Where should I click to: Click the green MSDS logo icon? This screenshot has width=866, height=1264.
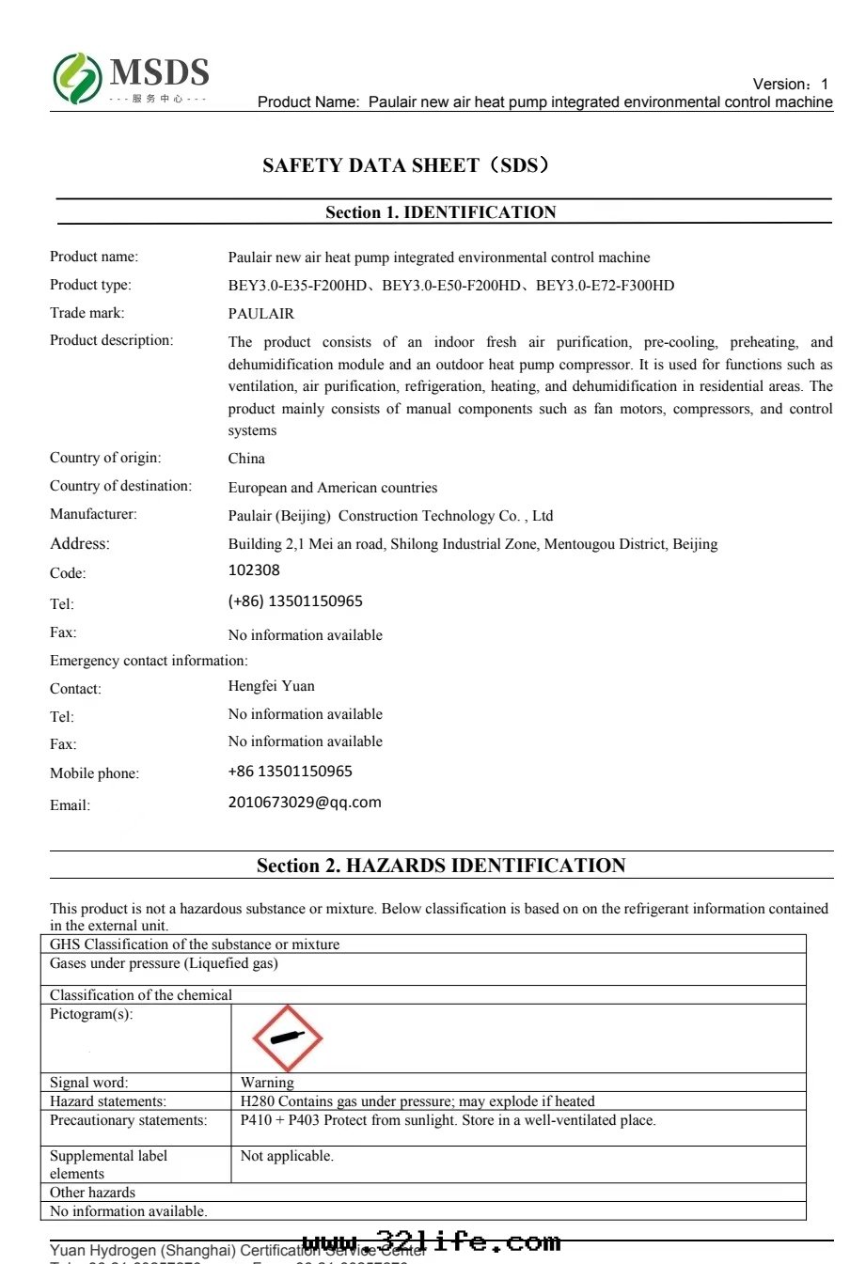click(x=77, y=78)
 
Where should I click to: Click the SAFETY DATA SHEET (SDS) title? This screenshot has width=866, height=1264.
click(x=406, y=165)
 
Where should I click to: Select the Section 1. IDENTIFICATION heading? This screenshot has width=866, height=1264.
click(x=441, y=212)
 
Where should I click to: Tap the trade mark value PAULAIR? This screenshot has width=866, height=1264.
click(x=261, y=314)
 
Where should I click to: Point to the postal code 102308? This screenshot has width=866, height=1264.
click(x=254, y=570)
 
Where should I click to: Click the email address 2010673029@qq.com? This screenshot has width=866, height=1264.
click(x=305, y=803)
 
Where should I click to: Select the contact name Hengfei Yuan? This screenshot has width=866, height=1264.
click(x=272, y=686)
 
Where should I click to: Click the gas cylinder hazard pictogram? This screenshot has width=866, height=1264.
click(x=288, y=1038)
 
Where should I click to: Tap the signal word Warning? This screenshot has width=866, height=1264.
click(x=267, y=1083)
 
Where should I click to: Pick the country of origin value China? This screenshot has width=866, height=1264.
click(x=246, y=459)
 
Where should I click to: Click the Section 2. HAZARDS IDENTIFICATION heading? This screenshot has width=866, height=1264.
click(x=441, y=866)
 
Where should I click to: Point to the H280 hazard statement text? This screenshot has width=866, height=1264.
click(x=417, y=1101)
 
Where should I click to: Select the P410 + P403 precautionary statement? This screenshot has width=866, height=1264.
click(x=448, y=1120)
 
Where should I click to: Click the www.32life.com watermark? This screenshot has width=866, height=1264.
click(x=432, y=1242)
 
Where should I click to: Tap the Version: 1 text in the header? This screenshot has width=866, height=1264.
click(x=791, y=85)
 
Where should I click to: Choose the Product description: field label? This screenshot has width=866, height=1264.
click(x=111, y=340)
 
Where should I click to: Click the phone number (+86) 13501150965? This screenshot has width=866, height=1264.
click(x=295, y=601)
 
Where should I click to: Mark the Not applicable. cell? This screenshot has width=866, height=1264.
click(x=287, y=1156)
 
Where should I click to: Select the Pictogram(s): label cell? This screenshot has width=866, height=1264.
click(x=91, y=1014)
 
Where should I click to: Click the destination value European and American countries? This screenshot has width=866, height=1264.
click(x=333, y=488)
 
